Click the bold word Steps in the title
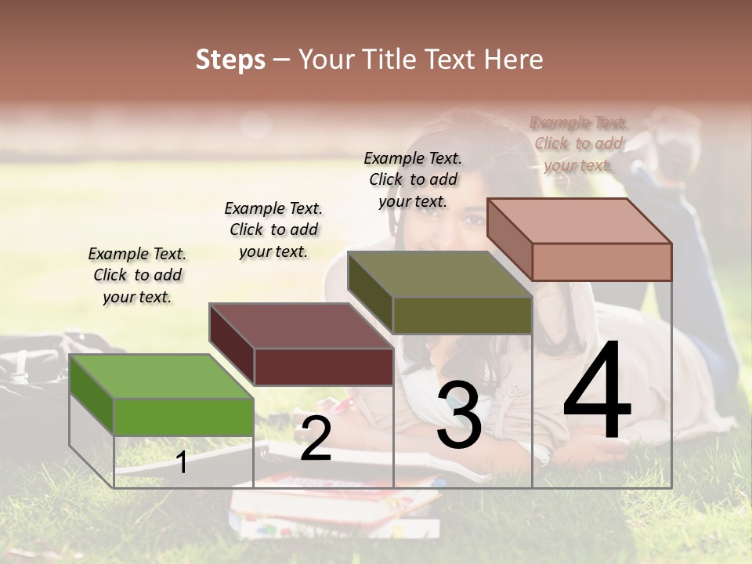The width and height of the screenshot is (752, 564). click(230, 60)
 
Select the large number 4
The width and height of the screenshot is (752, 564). click(597, 391)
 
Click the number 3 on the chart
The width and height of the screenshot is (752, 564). click(459, 415)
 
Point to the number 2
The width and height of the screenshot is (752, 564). click(316, 439)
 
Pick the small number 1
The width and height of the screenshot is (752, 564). click(182, 462)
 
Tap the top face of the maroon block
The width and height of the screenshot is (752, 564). click(301, 326)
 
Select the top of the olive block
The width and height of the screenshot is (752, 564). click(439, 275)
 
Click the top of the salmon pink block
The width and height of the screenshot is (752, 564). click(580, 221)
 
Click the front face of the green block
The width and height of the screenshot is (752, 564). click(183, 417)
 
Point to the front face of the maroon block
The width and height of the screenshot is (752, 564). click(324, 367)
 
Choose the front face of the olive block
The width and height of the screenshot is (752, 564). click(462, 316)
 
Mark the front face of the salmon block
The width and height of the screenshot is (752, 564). click(602, 262)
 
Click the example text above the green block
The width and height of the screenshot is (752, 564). click(137, 275)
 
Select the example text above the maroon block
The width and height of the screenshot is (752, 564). click(273, 230)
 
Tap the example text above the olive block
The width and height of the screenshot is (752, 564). click(413, 179)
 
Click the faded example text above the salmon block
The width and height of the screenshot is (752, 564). click(578, 143)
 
